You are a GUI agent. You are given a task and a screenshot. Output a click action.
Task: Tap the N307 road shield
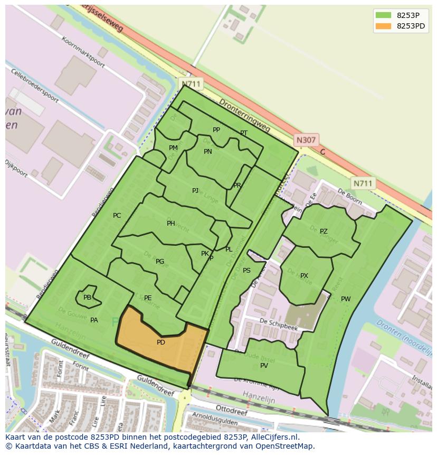click(x=306, y=140)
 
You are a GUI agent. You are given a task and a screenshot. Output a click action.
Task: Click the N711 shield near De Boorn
click(x=363, y=183)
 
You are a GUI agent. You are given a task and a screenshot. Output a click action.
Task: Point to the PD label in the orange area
click(x=161, y=342)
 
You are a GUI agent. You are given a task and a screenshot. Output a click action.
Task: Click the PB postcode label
click(x=87, y=298)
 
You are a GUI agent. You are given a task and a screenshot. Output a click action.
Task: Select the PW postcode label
click(x=346, y=299)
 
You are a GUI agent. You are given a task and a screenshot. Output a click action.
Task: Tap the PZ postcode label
click(x=324, y=231)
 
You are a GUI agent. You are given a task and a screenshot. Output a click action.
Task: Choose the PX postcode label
click(x=304, y=276)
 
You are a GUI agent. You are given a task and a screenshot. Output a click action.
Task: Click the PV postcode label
click(x=264, y=366)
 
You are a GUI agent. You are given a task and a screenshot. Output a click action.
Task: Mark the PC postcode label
click(x=117, y=215)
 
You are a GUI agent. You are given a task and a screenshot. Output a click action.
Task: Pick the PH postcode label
click(x=170, y=224)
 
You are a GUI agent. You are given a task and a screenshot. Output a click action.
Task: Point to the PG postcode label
click(x=160, y=262)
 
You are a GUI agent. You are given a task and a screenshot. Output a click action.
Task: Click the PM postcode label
click(x=173, y=148)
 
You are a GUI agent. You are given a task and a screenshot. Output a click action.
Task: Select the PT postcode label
click(x=243, y=133)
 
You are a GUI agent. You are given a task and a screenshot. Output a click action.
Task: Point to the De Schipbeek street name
click(x=279, y=324)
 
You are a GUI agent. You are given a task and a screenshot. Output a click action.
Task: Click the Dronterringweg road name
click(x=244, y=115)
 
